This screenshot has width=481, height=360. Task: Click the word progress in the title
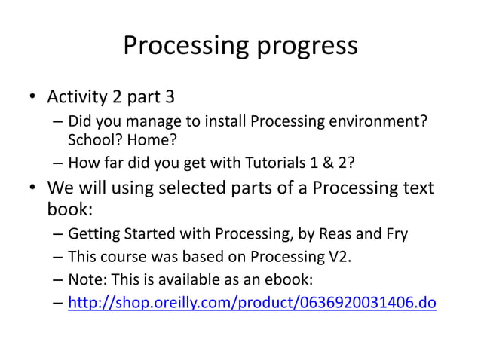click(x=305, y=47)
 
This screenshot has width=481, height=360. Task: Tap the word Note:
click(x=87, y=280)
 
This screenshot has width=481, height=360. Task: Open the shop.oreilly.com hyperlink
click(x=252, y=304)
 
